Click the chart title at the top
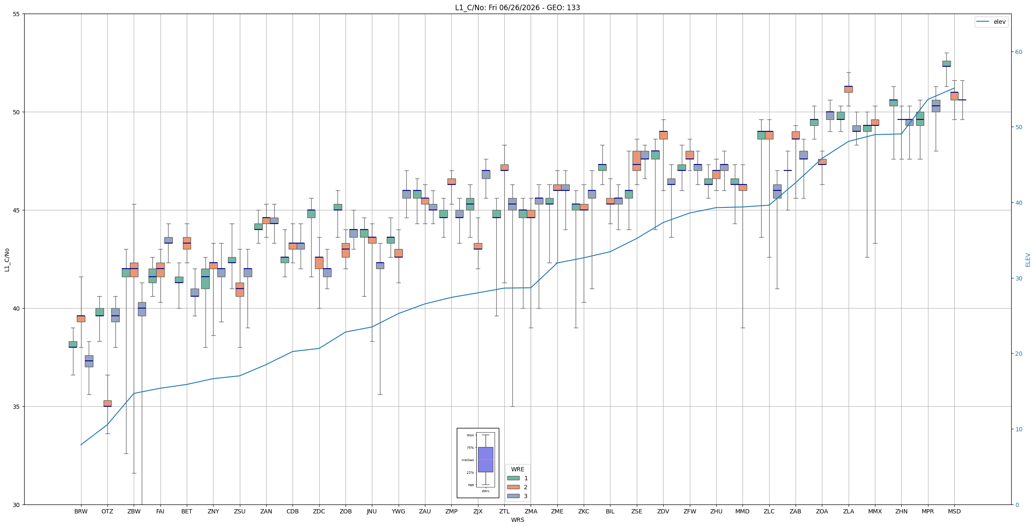[x=517, y=8]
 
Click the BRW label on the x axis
[x=81, y=511]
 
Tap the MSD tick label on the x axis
[x=954, y=511]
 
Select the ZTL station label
[x=504, y=511]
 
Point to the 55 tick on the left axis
[x=17, y=14]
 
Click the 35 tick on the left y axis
[x=17, y=407]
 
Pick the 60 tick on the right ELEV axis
[x=1018, y=52]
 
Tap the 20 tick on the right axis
[x=1018, y=354]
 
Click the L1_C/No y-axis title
[x=7, y=260]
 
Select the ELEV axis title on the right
[x=1028, y=260]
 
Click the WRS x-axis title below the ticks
[x=517, y=520]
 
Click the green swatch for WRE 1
[x=513, y=478]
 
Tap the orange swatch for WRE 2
[x=513, y=487]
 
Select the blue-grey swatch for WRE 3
[x=513, y=496]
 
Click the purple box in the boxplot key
[x=486, y=459]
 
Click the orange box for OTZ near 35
[x=107, y=403]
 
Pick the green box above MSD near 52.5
[x=946, y=63]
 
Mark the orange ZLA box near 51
[x=848, y=89]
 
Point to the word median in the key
[x=467, y=460]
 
